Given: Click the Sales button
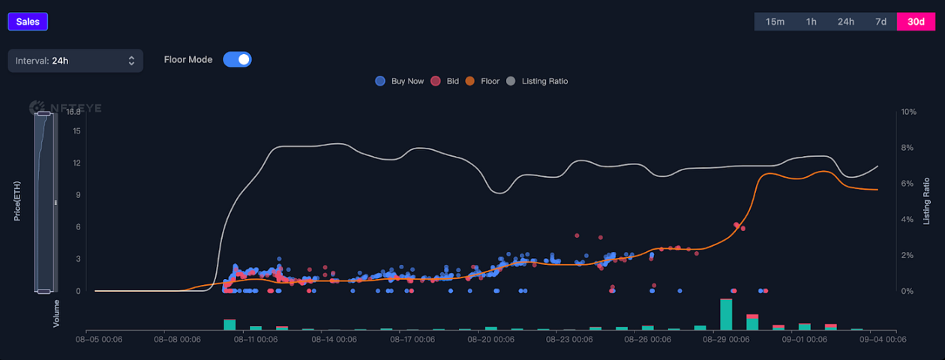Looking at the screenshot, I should tap(28, 22).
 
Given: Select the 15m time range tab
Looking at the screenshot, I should tap(775, 22).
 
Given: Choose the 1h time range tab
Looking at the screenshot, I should tap(811, 22).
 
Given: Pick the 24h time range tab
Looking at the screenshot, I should tap(846, 22).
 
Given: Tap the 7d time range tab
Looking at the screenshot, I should tap(880, 22).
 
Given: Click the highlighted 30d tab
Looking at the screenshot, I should tap(916, 22).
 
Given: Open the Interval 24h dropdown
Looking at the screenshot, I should tap(75, 61).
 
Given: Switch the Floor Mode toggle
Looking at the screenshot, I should tap(237, 60).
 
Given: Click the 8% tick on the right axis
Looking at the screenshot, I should tap(908, 148).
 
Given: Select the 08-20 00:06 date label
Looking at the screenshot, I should tap(491, 340).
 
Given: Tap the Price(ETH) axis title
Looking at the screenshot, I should tap(17, 201).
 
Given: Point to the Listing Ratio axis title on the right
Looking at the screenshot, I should tap(927, 201).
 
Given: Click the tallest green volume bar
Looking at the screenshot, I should tap(726, 314).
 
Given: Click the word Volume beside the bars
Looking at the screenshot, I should tap(56, 313).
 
